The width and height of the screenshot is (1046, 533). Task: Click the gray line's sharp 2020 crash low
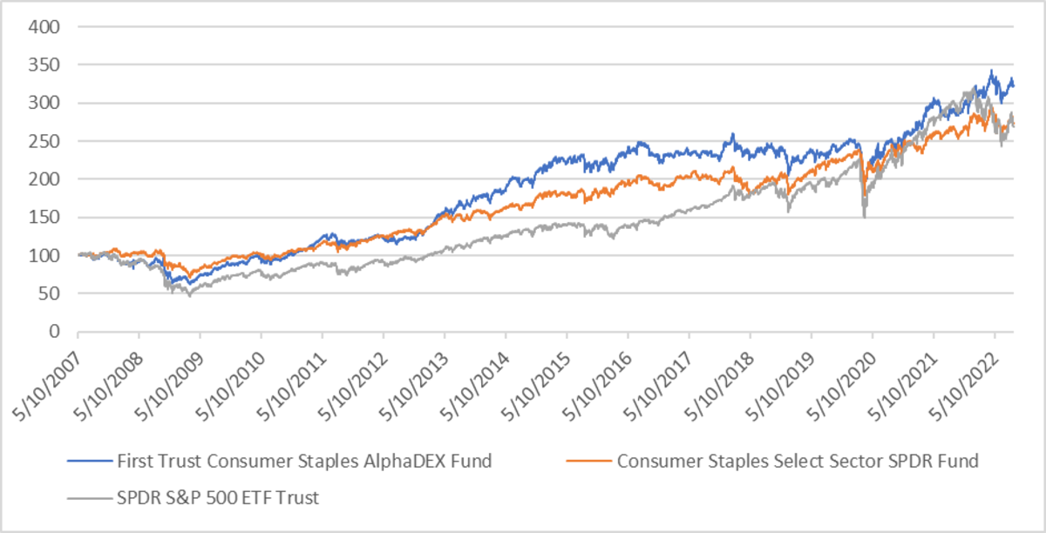point(864,216)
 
